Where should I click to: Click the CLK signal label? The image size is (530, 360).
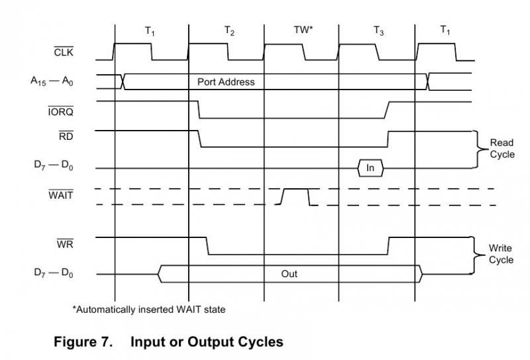click(65, 52)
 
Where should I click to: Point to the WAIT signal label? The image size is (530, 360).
click(61, 196)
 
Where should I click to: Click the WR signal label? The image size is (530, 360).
click(65, 245)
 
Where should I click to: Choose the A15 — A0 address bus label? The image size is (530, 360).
click(52, 82)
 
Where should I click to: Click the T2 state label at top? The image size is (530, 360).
click(229, 31)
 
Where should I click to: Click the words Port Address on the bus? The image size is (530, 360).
click(226, 82)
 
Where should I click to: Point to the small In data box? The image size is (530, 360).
click(370, 168)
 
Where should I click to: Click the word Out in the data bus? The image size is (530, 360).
click(290, 273)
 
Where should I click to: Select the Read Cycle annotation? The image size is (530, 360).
click(502, 149)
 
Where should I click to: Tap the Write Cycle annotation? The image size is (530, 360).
click(501, 254)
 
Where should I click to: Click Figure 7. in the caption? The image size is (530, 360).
click(82, 342)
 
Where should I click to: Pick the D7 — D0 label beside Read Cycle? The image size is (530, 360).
click(54, 168)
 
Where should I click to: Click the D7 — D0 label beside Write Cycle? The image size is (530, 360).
click(54, 274)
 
